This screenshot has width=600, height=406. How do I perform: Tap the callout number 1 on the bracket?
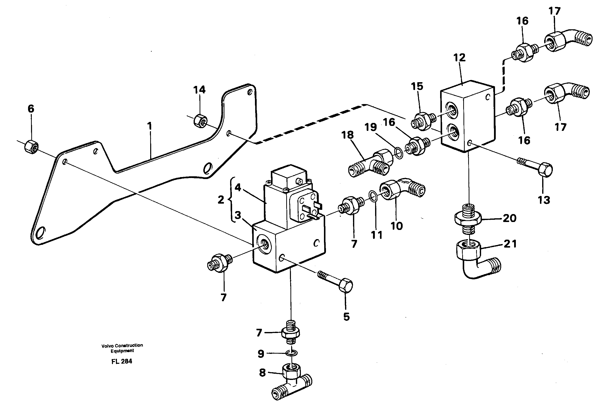click(x=149, y=126)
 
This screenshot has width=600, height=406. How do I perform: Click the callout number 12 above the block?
click(x=459, y=58)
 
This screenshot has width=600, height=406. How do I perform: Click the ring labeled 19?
click(x=399, y=153)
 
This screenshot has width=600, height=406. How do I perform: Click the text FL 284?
click(x=122, y=361)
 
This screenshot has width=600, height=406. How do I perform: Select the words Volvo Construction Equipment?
click(x=122, y=348)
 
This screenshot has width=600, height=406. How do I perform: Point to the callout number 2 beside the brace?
click(x=221, y=200)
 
